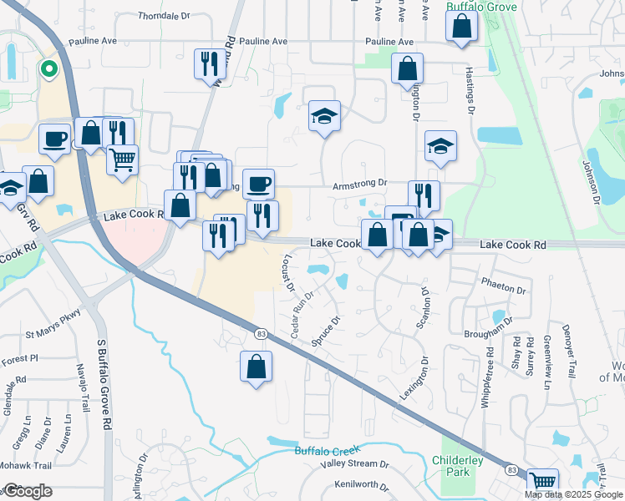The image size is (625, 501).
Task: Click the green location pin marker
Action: (48, 71)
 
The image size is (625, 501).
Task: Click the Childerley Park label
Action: (458, 466)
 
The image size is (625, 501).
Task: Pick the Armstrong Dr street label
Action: (361, 184)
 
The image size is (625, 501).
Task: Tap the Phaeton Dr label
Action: (505, 291)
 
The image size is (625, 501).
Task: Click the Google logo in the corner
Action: (27, 491)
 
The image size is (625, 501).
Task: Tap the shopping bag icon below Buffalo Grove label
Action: (461, 27)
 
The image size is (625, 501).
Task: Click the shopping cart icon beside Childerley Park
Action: (543, 482)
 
